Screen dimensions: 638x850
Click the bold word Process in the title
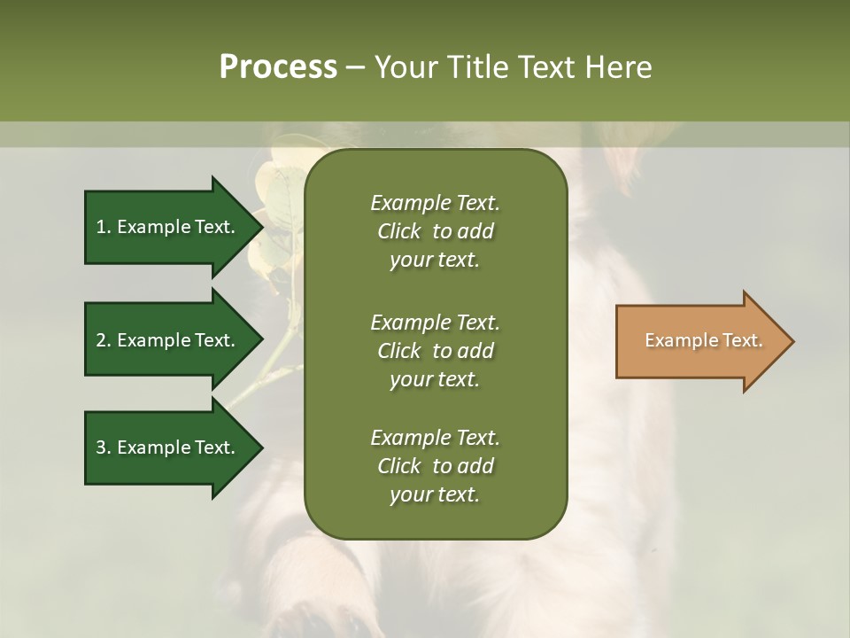[278, 67]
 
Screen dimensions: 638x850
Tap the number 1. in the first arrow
[103, 227]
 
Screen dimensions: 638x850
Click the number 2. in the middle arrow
[103, 340]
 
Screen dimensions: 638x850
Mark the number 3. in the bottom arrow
[103, 447]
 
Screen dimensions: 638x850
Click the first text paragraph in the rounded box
[435, 230]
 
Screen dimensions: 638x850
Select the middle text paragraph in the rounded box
[435, 350]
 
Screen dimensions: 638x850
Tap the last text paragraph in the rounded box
[435, 466]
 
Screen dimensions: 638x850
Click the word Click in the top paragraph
[398, 231]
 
